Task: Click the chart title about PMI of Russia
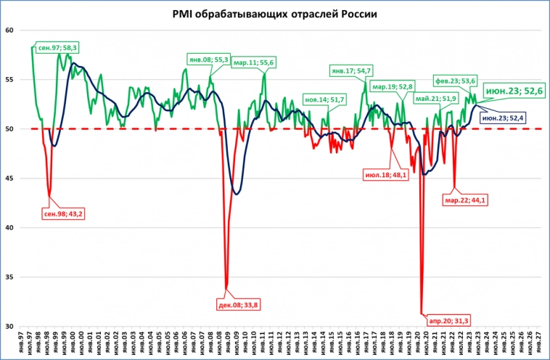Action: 275,14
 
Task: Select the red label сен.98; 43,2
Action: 62,214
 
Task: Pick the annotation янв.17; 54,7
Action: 350,70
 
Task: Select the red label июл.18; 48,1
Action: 385,175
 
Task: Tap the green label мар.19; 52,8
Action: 392,86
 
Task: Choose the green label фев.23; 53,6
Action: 455,81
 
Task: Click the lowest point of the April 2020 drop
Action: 422,314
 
